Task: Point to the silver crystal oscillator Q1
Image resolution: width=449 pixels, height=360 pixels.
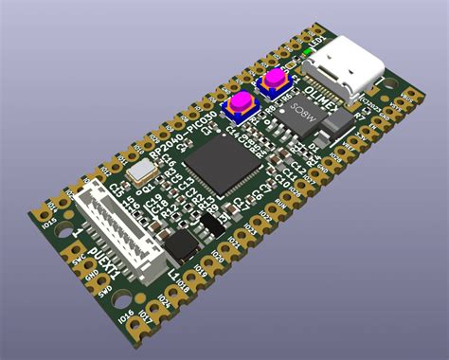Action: tap(142, 171)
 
